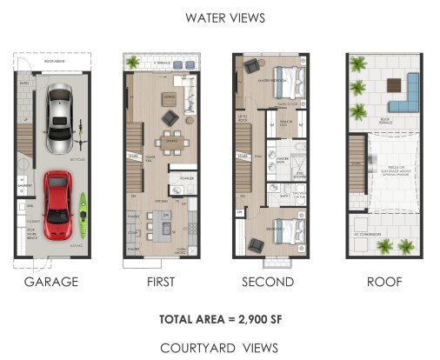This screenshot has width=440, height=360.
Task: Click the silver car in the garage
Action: point(59,113)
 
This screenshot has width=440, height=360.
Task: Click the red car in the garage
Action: point(57,205)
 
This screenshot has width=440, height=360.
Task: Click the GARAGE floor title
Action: point(51,282)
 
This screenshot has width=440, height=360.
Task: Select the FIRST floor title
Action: point(161,282)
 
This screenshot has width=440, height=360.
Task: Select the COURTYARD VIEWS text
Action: point(219,347)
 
